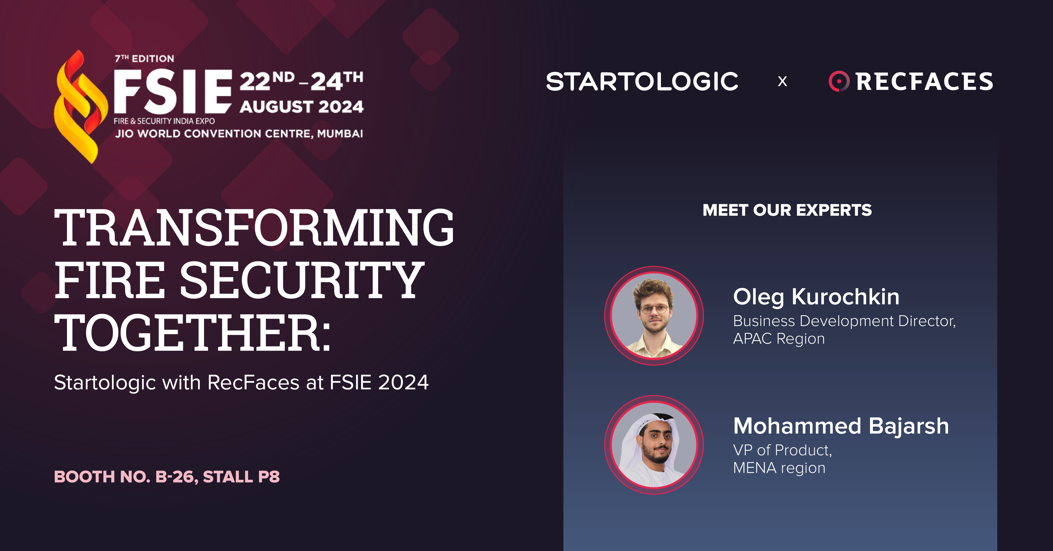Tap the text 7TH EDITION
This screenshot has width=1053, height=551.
click(144, 59)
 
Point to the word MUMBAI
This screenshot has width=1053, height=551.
click(340, 134)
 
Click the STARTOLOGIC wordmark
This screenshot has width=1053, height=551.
click(642, 81)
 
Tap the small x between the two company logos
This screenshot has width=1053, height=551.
click(782, 81)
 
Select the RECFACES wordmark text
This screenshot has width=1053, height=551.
click(924, 81)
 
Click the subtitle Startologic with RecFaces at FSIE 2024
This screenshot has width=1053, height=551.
click(241, 383)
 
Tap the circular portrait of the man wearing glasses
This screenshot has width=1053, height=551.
click(654, 316)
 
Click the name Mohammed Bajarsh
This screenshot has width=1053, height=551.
click(841, 426)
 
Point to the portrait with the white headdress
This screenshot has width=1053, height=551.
click(654, 445)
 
